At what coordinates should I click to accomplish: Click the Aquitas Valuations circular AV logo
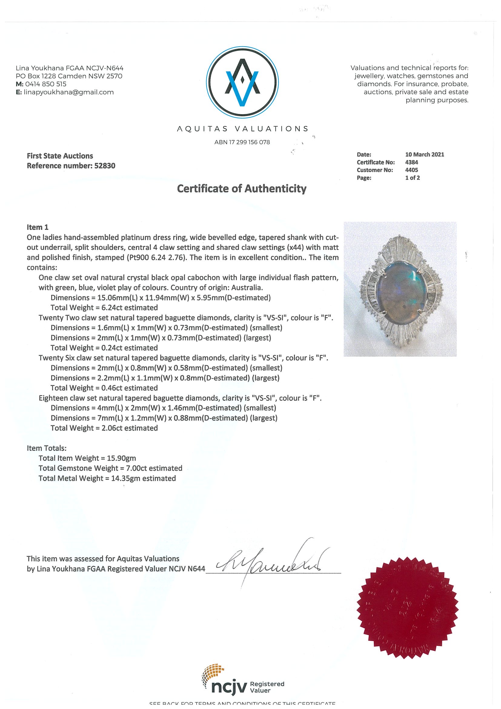pos(242,82)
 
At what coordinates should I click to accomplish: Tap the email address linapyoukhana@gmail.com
pos(68,92)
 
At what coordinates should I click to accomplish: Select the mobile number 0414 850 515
pos(46,84)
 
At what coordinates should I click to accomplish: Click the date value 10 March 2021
pos(424,155)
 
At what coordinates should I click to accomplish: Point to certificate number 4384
pos(411,162)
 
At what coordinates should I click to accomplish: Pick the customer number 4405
pos(411,170)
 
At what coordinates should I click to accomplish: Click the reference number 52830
pos(104,166)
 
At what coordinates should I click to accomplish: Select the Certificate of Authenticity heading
pos(242,188)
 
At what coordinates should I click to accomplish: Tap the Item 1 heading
pos(38,227)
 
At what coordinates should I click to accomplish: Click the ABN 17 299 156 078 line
pos(242,142)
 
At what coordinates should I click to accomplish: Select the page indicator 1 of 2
pos(413,178)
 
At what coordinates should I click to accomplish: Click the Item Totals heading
pos(47,448)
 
